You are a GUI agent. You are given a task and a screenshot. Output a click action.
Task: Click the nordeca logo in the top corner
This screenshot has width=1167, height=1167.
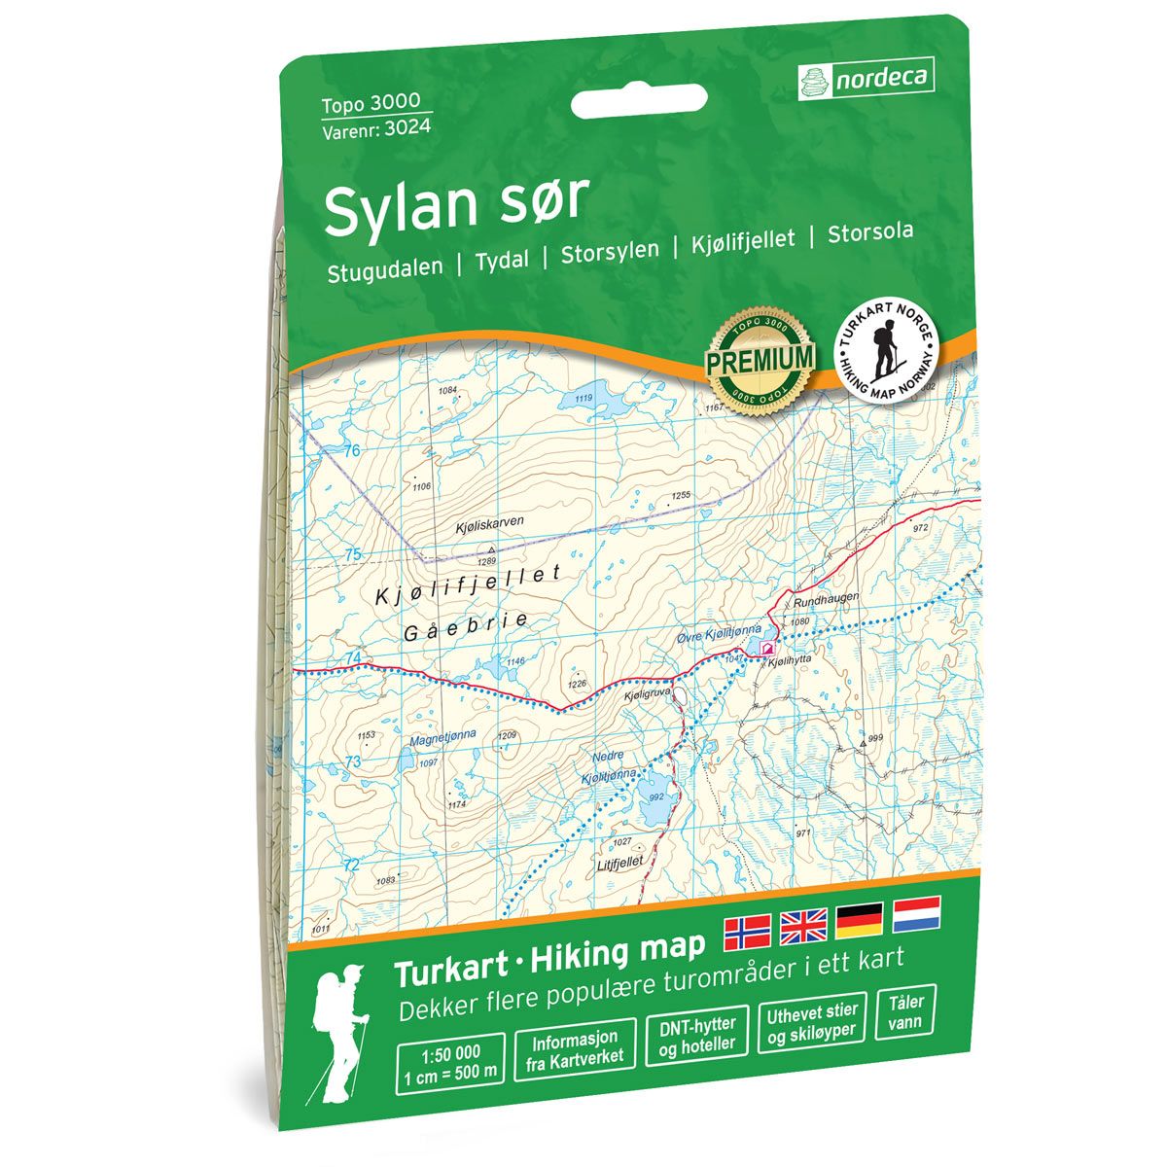865,78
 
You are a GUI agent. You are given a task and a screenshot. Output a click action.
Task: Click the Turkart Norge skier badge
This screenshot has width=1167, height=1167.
888,346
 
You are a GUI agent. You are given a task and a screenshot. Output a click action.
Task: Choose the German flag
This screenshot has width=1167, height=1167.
860,920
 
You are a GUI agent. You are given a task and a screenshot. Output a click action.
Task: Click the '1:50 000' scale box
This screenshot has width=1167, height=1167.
451,1059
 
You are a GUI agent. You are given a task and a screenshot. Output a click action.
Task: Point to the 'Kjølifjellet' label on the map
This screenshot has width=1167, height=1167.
468,584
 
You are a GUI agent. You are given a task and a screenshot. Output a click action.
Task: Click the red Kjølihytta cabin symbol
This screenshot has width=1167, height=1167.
767,646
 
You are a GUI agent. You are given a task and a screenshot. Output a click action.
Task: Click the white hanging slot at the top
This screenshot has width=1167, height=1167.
637,101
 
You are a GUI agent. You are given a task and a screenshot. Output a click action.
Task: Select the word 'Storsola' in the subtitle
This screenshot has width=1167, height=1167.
870,233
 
